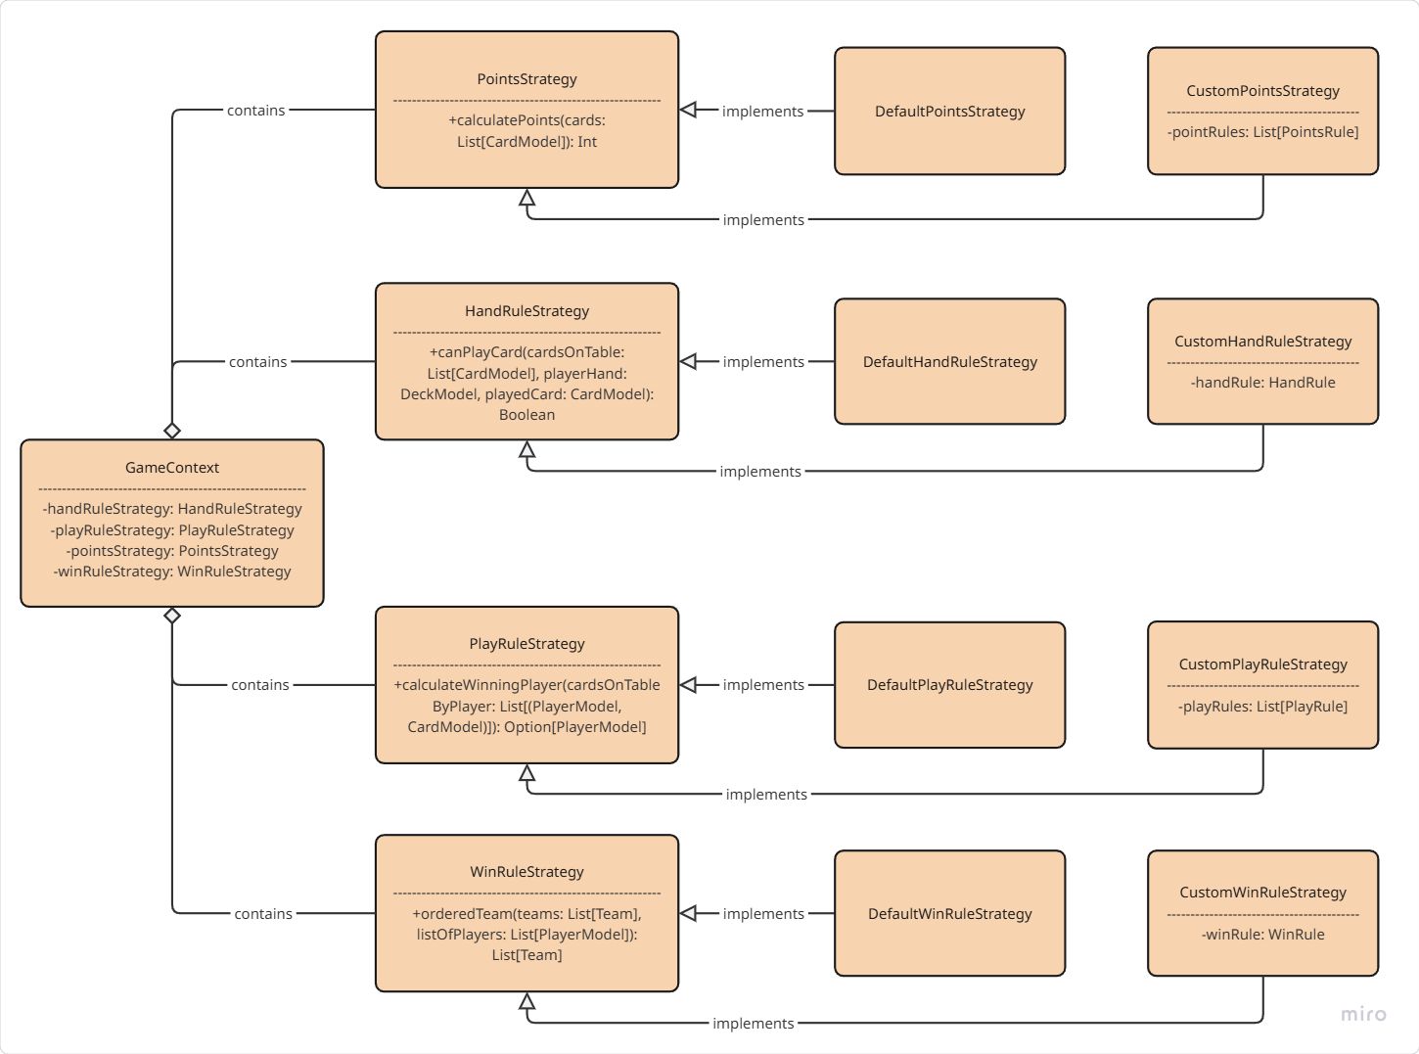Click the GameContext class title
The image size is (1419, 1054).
pyautogui.click(x=172, y=468)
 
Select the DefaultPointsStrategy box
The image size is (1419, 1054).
pyautogui.click(x=949, y=112)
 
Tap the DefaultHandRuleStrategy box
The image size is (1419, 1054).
pyautogui.click(x=949, y=362)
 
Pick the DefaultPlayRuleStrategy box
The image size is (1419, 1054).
pyautogui.click(x=949, y=685)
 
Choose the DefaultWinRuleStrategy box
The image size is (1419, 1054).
pyautogui.click(x=949, y=913)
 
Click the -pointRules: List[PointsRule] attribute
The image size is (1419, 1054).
pyautogui.click(x=1262, y=132)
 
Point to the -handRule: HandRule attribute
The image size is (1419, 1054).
pyautogui.click(x=1262, y=383)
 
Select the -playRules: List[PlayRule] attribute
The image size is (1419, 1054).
pyautogui.click(x=1262, y=707)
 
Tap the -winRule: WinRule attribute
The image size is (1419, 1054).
pyautogui.click(x=1262, y=935)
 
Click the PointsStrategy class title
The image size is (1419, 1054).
pyautogui.click(x=526, y=79)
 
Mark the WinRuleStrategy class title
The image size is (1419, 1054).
pyautogui.click(x=526, y=872)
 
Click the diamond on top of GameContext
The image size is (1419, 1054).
pyautogui.click(x=172, y=431)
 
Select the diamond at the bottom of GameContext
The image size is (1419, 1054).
pyautogui.click(x=172, y=616)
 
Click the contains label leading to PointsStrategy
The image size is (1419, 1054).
pyautogui.click(x=256, y=111)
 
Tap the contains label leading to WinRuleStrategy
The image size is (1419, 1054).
pyautogui.click(x=263, y=914)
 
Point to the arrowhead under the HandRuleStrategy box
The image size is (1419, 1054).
pyautogui.click(x=527, y=450)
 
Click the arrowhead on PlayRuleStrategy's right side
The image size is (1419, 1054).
pyautogui.click(x=688, y=685)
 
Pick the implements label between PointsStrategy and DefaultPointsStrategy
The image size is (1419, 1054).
pyautogui.click(x=762, y=112)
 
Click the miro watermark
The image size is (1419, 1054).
pyautogui.click(x=1363, y=1014)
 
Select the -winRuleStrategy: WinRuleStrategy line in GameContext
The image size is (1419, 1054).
pyautogui.click(x=172, y=572)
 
